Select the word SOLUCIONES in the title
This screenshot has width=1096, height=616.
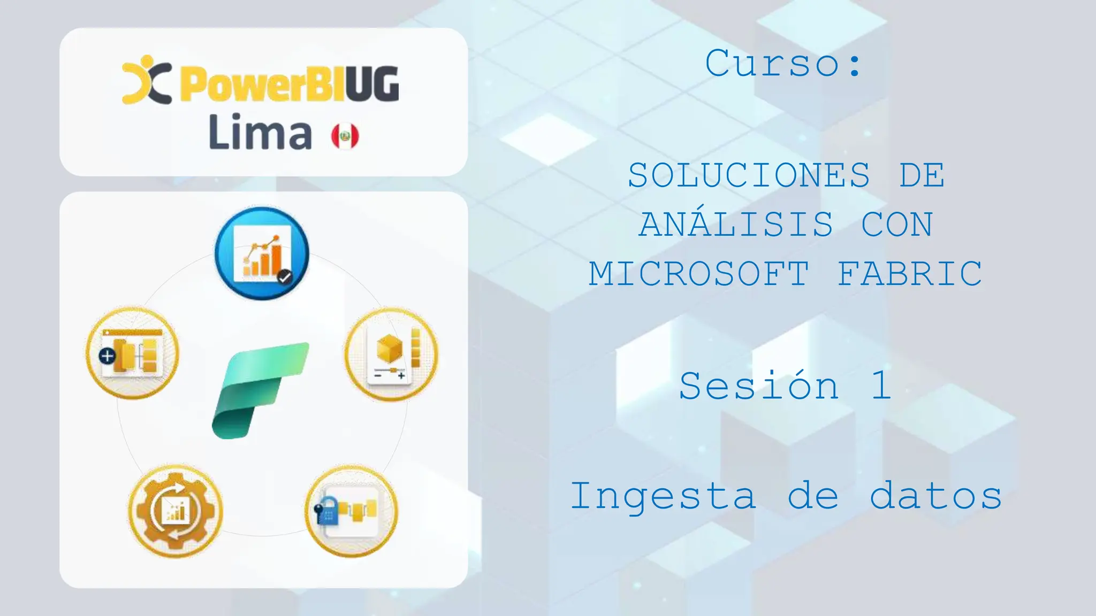[749, 175]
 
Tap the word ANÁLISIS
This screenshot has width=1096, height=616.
[736, 225]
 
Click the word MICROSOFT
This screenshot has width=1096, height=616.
[699, 274]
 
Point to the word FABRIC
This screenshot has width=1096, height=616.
[910, 274]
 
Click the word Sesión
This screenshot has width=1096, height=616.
[759, 386]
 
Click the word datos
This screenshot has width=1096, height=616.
[935, 496]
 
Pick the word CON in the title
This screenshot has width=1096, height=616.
[897, 225]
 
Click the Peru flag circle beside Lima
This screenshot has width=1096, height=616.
[345, 136]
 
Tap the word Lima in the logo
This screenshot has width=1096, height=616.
[260, 133]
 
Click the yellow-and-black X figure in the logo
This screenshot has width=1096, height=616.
[146, 80]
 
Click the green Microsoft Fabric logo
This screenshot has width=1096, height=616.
[261, 390]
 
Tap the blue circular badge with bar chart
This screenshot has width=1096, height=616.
[262, 253]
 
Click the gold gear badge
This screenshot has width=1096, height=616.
[175, 511]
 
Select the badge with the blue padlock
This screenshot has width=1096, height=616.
[351, 511]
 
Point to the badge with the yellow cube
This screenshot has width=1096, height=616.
[391, 353]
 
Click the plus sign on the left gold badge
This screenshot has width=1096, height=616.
[108, 356]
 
